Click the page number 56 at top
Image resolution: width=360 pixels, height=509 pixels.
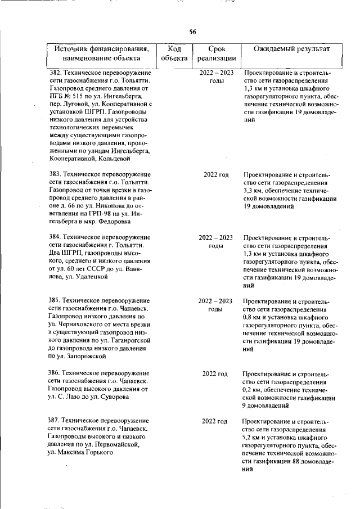[192, 32]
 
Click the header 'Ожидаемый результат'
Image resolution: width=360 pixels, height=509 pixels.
[291, 49]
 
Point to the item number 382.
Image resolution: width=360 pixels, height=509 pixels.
[55, 73]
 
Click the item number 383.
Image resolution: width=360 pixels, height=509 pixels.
[55, 175]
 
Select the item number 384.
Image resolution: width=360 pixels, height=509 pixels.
[55, 237]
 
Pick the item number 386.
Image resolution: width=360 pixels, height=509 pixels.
[55, 373]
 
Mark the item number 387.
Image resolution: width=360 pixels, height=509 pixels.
[55, 421]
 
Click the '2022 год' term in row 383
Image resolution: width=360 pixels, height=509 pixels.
[216, 175]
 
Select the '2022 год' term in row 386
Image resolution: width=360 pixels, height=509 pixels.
[216, 373]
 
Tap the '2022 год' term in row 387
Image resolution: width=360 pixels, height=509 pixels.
[216, 421]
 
